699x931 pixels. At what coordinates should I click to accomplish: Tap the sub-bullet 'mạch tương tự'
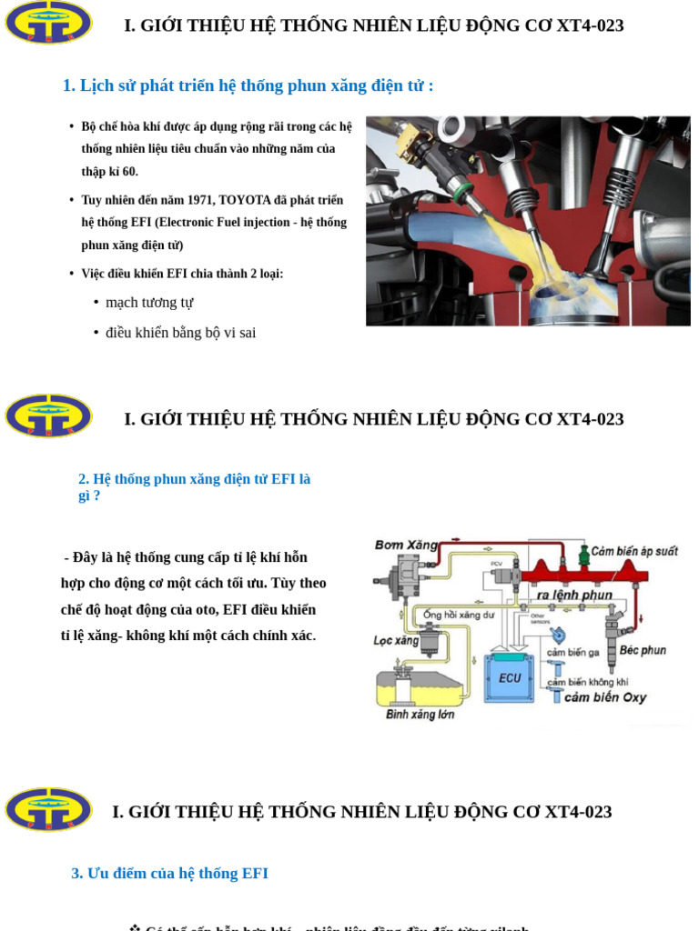(149, 303)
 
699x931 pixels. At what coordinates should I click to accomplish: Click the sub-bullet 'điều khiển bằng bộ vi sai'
(180, 333)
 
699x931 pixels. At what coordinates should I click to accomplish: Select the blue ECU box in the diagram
(510, 677)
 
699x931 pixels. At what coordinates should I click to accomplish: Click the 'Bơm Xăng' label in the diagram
(406, 545)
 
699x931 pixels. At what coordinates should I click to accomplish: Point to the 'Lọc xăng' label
(396, 640)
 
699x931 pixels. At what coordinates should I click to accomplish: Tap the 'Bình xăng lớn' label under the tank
(420, 715)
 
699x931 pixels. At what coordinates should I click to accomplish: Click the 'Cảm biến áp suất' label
(634, 551)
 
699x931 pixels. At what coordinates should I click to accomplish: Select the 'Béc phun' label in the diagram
(643, 650)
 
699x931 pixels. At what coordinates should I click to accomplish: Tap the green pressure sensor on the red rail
(583, 554)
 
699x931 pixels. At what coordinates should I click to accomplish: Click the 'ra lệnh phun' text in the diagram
(574, 595)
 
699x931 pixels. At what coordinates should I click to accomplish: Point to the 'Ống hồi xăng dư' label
(459, 615)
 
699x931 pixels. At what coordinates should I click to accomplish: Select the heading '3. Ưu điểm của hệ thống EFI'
(169, 873)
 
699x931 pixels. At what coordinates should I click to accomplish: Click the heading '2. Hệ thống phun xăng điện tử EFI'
(194, 479)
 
